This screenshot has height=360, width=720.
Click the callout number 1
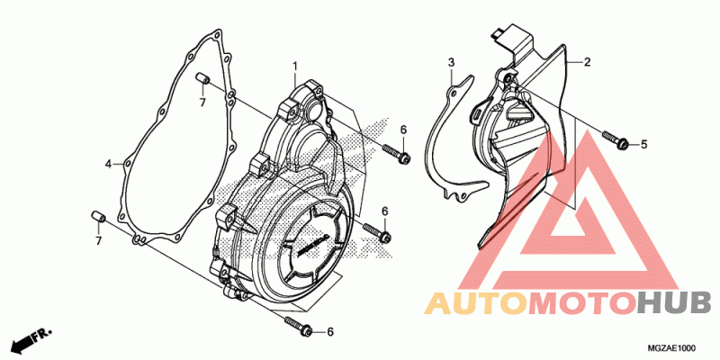(296, 67)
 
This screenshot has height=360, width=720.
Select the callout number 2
(587, 62)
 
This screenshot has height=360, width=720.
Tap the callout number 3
(452, 62)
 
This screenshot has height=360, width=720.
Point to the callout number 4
(108, 164)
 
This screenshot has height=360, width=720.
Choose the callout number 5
(643, 145)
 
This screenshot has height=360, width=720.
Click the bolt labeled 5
(616, 140)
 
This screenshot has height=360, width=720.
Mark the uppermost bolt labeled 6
(396, 154)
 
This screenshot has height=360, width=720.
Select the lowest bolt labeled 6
(299, 325)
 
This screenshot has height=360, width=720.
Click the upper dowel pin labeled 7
(203, 78)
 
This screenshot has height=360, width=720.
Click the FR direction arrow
(31, 337)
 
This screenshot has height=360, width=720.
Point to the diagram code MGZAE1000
(672, 348)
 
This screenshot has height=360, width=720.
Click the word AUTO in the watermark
(476, 304)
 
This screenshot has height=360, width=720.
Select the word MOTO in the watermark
(582, 304)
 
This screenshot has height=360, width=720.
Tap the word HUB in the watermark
(675, 304)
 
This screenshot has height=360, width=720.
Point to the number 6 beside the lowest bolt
(329, 332)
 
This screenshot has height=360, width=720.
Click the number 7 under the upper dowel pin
(202, 103)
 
